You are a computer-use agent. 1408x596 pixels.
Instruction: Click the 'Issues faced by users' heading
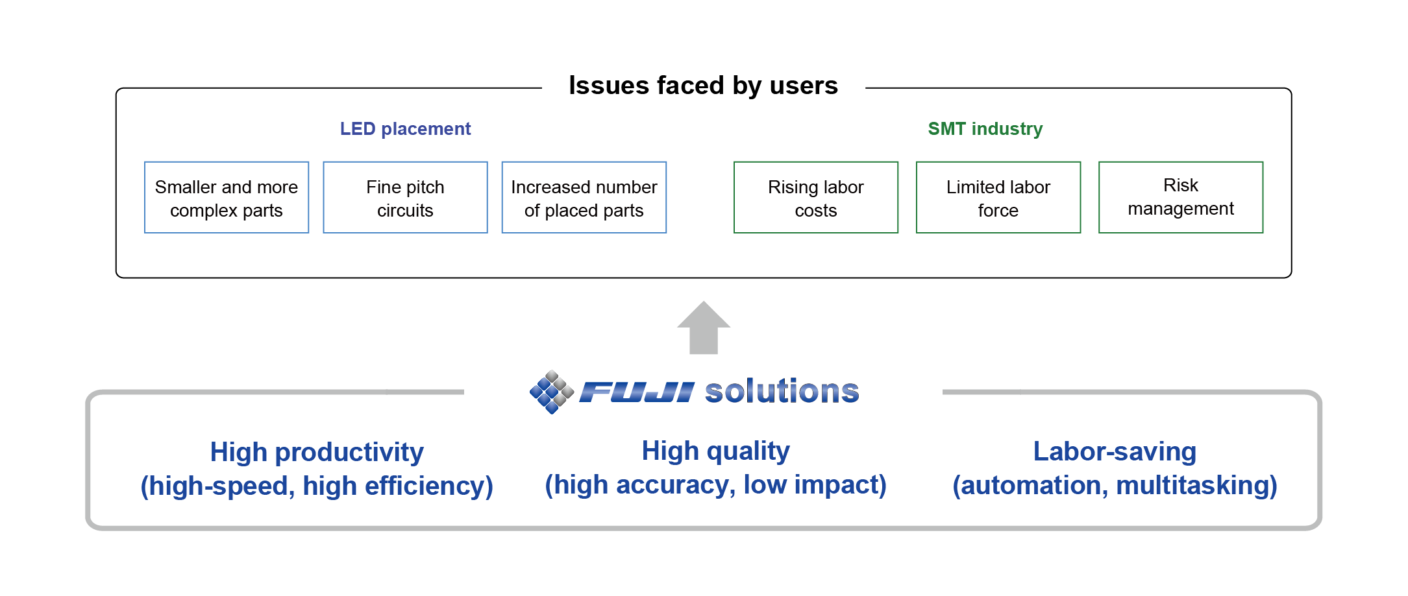pyautogui.click(x=703, y=86)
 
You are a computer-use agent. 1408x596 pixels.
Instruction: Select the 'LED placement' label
pyautogui.click(x=405, y=128)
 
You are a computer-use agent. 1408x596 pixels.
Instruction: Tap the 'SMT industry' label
pyautogui.click(x=985, y=128)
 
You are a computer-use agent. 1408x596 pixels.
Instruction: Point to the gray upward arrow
pyautogui.click(x=704, y=328)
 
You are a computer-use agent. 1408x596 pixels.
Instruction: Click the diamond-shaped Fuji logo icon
pyautogui.click(x=552, y=392)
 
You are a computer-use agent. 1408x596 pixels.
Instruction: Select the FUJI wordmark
pyautogui.click(x=637, y=392)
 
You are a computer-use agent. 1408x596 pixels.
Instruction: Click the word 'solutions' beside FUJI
pyautogui.click(x=782, y=391)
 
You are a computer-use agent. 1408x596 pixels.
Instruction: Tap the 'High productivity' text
pyautogui.click(x=317, y=452)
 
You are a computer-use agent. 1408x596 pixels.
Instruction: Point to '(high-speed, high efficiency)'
pyautogui.click(x=317, y=486)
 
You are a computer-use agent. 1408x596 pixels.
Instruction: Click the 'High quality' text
pyautogui.click(x=715, y=451)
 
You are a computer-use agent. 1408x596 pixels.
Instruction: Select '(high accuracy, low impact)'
pyautogui.click(x=715, y=484)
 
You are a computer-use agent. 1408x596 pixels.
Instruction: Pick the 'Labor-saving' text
pyautogui.click(x=1115, y=451)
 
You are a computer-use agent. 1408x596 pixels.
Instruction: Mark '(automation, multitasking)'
pyautogui.click(x=1115, y=485)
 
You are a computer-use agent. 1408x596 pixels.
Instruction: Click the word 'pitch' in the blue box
pyautogui.click(x=425, y=187)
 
